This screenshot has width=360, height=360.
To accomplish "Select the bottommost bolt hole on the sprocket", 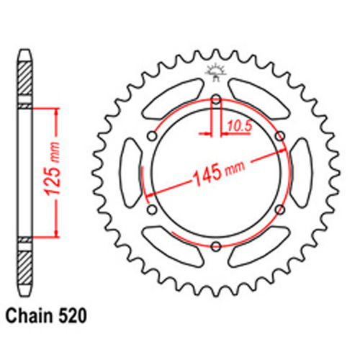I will click(216, 247).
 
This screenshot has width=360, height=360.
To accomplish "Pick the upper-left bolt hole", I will click(152, 136).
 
